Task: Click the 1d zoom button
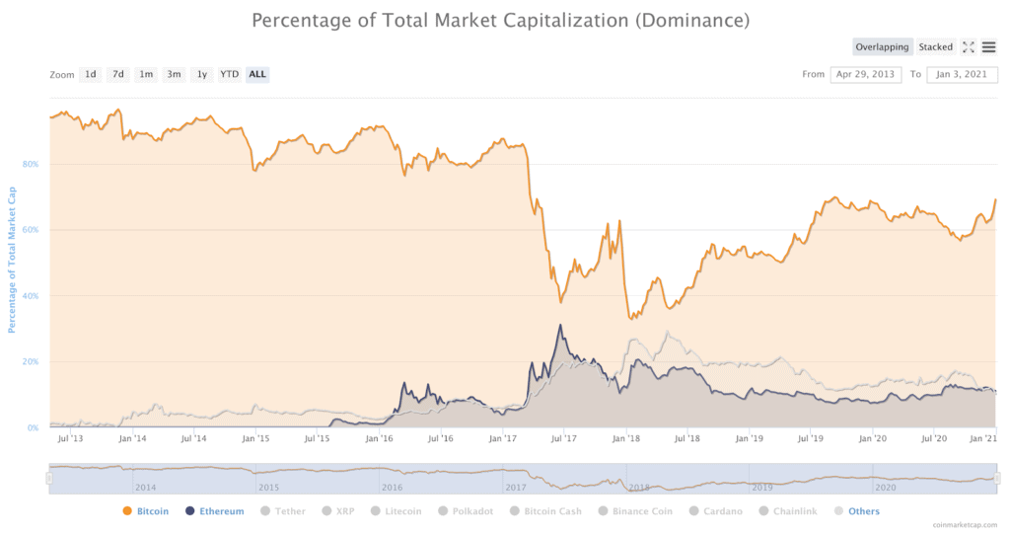(90, 74)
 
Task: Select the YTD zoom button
(229, 74)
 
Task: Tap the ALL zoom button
(256, 74)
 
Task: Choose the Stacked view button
(935, 46)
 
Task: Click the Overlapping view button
(883, 46)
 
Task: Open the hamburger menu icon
(988, 46)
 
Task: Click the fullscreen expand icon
(968, 46)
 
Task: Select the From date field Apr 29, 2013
(865, 74)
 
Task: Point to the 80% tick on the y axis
(30, 164)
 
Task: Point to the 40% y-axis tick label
(30, 295)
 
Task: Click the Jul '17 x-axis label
(563, 437)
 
